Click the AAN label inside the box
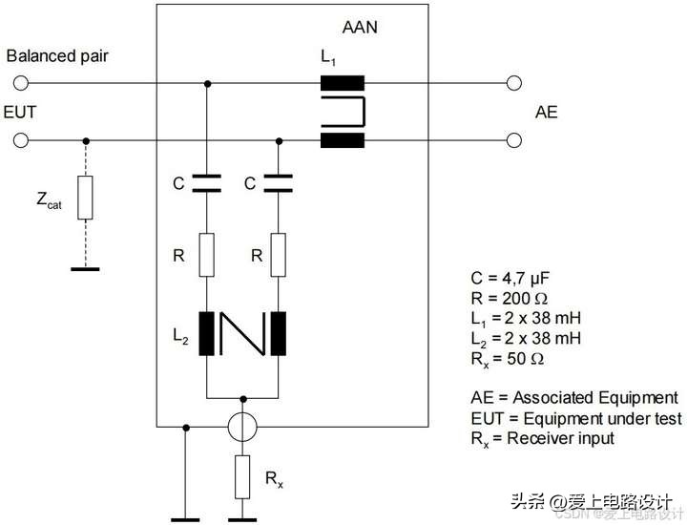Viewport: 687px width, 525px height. (x=360, y=27)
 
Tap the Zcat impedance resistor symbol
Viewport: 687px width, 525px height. (x=86, y=198)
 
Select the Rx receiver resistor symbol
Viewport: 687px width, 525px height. (x=242, y=476)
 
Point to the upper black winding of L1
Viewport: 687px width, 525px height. (x=343, y=83)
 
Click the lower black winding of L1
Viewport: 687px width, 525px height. (x=343, y=140)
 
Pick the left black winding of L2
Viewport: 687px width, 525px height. (x=207, y=333)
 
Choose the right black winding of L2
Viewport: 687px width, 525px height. (x=279, y=333)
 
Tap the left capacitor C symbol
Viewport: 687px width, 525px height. (x=207, y=183)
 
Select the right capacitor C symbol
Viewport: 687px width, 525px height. (x=279, y=183)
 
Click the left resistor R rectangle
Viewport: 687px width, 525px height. (x=207, y=255)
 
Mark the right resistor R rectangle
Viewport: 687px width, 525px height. (x=279, y=255)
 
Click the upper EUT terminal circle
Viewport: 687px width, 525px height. (x=21, y=83)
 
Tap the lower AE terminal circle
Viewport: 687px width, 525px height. (x=514, y=140)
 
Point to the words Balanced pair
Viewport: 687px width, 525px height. (x=57, y=56)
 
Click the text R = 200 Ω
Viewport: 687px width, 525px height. (x=510, y=299)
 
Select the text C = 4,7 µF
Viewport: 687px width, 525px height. (x=510, y=279)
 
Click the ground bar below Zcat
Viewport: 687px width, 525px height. (x=85, y=269)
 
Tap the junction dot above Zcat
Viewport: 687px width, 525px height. (x=86, y=140)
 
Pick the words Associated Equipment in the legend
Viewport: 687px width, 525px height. (x=595, y=398)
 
